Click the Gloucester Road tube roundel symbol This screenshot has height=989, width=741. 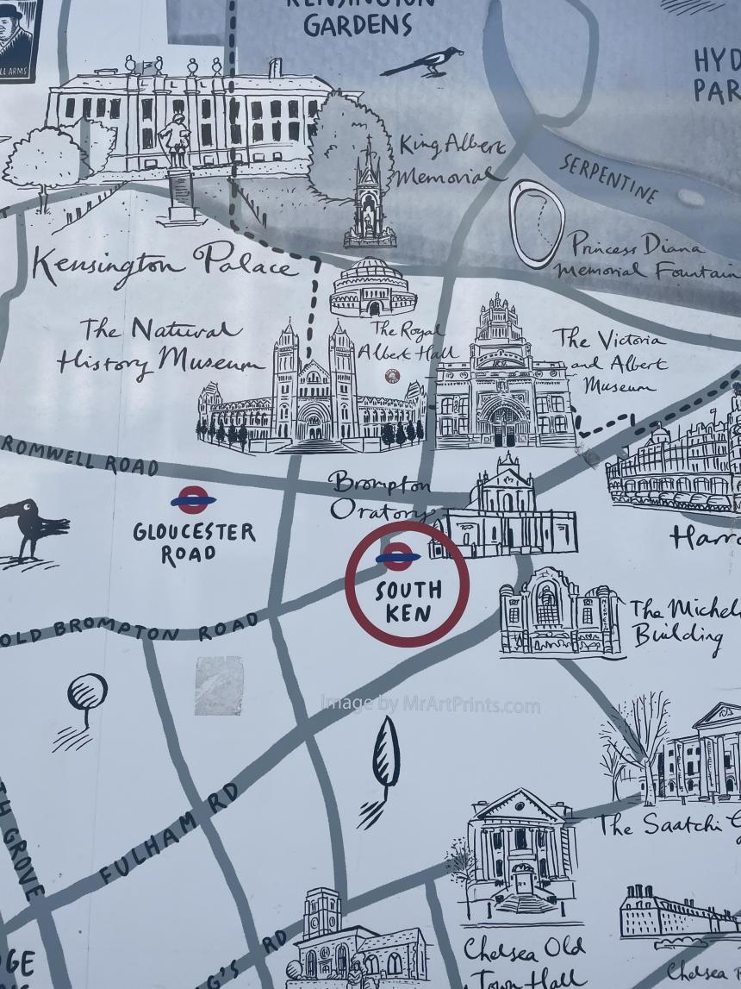click(x=193, y=499)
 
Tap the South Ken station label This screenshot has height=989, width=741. click(x=408, y=602)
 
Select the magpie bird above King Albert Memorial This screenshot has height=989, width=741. click(x=424, y=63)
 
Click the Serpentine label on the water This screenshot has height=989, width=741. click(x=608, y=176)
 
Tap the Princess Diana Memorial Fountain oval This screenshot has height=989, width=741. click(x=536, y=223)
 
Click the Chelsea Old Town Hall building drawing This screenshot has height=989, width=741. click(x=517, y=854)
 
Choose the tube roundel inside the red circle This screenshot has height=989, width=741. click(x=397, y=557)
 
